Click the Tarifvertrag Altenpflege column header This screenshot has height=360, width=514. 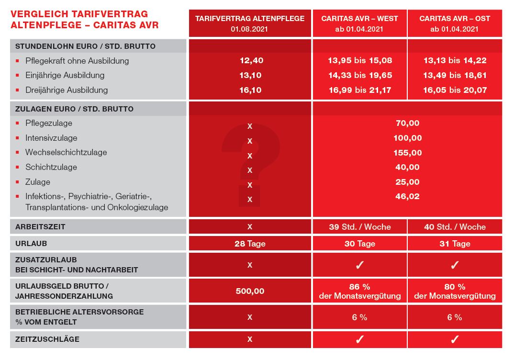coord(249,23)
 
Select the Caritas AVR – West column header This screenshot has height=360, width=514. coord(359,23)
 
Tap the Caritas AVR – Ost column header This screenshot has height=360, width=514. coord(455,23)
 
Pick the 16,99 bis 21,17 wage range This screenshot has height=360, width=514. coord(359,90)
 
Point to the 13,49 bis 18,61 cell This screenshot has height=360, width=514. coord(455,75)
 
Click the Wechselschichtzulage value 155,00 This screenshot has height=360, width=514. coord(407,153)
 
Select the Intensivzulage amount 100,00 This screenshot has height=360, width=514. coord(407,138)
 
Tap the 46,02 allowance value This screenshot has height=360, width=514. coord(407,196)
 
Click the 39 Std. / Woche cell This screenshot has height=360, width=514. coord(359,227)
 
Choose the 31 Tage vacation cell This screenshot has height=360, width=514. coord(455,244)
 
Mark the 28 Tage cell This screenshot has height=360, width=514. coord(249,244)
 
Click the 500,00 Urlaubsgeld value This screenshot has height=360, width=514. coord(249,291)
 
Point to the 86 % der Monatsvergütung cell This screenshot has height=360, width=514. coord(359,291)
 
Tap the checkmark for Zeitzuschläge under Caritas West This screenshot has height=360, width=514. coord(359,339)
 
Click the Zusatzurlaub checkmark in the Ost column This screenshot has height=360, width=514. coord(455,265)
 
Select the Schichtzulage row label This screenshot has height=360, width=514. coord(51,167)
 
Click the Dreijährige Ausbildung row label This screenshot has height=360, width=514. coord(67,90)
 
